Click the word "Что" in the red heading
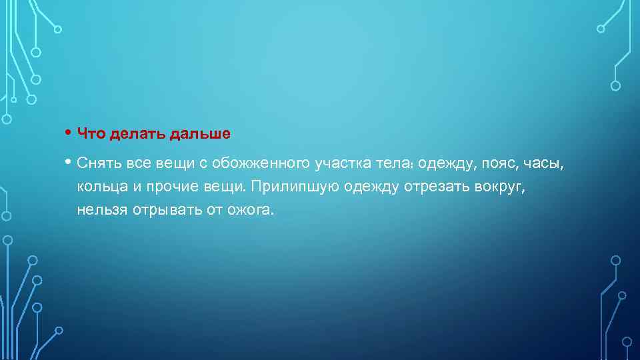(x=90, y=133)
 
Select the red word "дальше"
(x=199, y=133)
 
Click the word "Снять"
(x=97, y=163)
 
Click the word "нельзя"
(x=100, y=211)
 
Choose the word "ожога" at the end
(x=249, y=211)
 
